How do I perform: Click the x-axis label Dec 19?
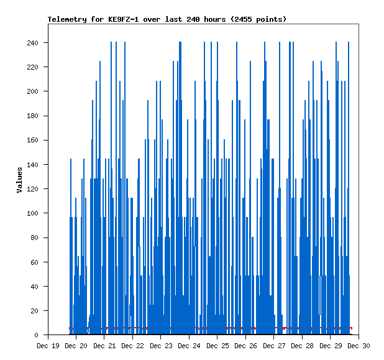[x=48, y=345]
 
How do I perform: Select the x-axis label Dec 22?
[x=132, y=345]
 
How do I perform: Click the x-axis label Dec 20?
[x=76, y=345]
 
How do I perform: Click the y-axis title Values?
[x=19, y=179]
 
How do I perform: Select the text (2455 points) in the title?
[x=258, y=19]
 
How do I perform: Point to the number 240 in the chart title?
[x=193, y=19]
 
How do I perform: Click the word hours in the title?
[x=214, y=19]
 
